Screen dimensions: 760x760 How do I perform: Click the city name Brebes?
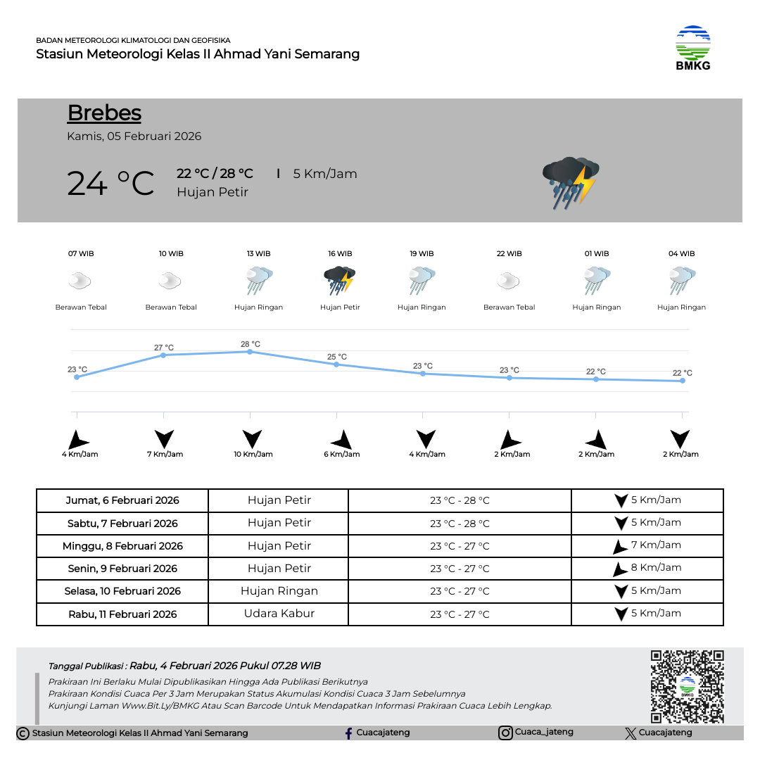pyautogui.click(x=104, y=113)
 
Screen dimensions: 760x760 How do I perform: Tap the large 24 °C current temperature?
pyautogui.click(x=110, y=184)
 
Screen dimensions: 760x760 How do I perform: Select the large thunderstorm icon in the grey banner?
pyautogui.click(x=570, y=182)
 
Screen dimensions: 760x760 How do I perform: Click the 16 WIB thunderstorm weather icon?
pyautogui.click(x=340, y=280)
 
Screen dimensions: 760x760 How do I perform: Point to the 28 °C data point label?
pyautogui.click(x=251, y=344)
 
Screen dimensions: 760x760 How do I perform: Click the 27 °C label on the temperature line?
pyautogui.click(x=164, y=348)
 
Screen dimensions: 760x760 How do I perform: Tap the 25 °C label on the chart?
pyautogui.click(x=337, y=357)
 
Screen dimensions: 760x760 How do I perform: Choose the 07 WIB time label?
pyautogui.click(x=81, y=253)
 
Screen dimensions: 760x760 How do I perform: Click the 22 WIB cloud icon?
pyautogui.click(x=508, y=281)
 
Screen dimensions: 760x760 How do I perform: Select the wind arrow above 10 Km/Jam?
pyautogui.click(x=252, y=438)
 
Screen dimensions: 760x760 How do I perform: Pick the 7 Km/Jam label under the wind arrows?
pyautogui.click(x=165, y=454)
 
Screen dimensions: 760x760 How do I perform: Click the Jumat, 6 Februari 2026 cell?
pyautogui.click(x=122, y=501)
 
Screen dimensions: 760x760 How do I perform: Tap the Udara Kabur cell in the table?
pyautogui.click(x=279, y=614)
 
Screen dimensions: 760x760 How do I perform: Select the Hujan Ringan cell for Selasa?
pyautogui.click(x=279, y=591)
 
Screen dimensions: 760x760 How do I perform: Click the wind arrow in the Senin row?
pyautogui.click(x=619, y=569)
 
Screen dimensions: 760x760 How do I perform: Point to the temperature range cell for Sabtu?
pyautogui.click(x=460, y=524)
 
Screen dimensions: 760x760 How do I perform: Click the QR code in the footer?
pyautogui.click(x=687, y=686)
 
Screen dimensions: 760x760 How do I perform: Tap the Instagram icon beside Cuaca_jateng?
pyautogui.click(x=505, y=733)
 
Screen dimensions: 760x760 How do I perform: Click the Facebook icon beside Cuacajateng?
pyautogui.click(x=348, y=733)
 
